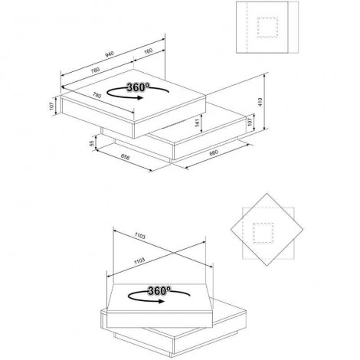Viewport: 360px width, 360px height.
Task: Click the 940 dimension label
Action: pos(110,54)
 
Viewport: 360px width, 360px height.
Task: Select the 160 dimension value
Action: pos(149,51)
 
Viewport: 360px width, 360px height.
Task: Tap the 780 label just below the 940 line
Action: pos(95,70)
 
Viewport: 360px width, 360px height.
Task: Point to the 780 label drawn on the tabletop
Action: pos(97,95)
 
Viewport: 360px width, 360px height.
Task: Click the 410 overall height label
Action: pos(260,102)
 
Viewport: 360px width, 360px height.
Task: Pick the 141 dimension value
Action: pos(197,123)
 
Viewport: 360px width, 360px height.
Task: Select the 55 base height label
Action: pos(92,143)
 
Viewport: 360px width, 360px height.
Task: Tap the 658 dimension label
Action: pos(125,157)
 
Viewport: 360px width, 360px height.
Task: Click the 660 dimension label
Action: pos(214,152)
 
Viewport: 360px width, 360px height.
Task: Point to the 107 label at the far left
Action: pos(51,106)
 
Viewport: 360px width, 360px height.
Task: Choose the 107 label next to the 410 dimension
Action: pos(250,121)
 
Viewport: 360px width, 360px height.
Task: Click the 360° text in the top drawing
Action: pos(138,87)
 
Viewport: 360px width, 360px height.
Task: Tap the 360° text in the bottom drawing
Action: pos(159,290)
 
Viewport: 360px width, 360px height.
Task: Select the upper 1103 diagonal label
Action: pos(140,236)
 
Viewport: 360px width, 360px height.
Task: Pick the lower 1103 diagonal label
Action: pos(139,260)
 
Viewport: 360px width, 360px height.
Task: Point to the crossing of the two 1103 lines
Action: pos(174,253)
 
